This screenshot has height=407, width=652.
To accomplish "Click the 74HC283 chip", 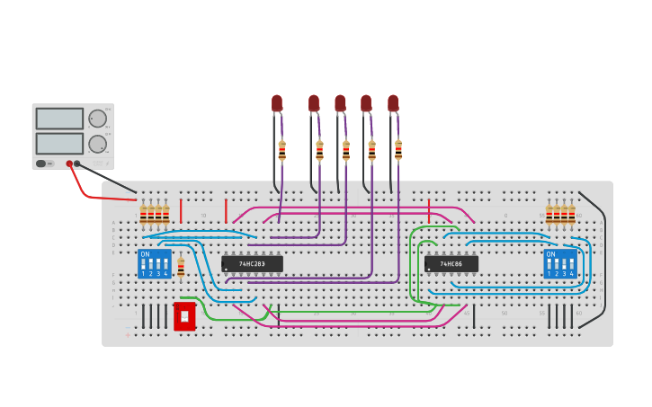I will (x=252, y=264).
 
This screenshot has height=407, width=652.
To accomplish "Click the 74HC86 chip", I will (x=451, y=264).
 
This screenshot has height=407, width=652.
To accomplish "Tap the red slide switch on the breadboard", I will (x=184, y=316).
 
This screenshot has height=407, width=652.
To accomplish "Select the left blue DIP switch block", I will (x=155, y=264).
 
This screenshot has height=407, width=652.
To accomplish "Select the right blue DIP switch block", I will (x=559, y=264).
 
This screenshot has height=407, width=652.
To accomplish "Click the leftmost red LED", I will (x=277, y=103).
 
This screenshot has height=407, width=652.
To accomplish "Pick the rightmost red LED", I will (x=393, y=103).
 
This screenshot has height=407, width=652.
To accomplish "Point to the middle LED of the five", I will (x=340, y=103).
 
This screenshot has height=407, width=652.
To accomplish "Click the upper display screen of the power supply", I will (x=59, y=119).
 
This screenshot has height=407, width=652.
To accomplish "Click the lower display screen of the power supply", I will (x=59, y=144).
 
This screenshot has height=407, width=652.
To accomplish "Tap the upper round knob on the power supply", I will (x=97, y=119).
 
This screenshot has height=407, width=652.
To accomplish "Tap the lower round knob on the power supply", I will (x=97, y=144).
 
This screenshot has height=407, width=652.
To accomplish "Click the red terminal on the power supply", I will (x=69, y=164).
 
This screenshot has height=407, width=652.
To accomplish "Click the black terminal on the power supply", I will (x=77, y=164).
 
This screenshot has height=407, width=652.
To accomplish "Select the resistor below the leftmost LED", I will (x=281, y=150).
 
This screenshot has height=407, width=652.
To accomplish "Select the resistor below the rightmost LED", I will (x=398, y=150).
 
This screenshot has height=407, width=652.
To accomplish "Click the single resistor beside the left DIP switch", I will (x=181, y=268).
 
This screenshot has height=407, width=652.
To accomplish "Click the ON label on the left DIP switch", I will (x=145, y=254).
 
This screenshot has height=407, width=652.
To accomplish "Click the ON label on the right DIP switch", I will (x=550, y=254).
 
